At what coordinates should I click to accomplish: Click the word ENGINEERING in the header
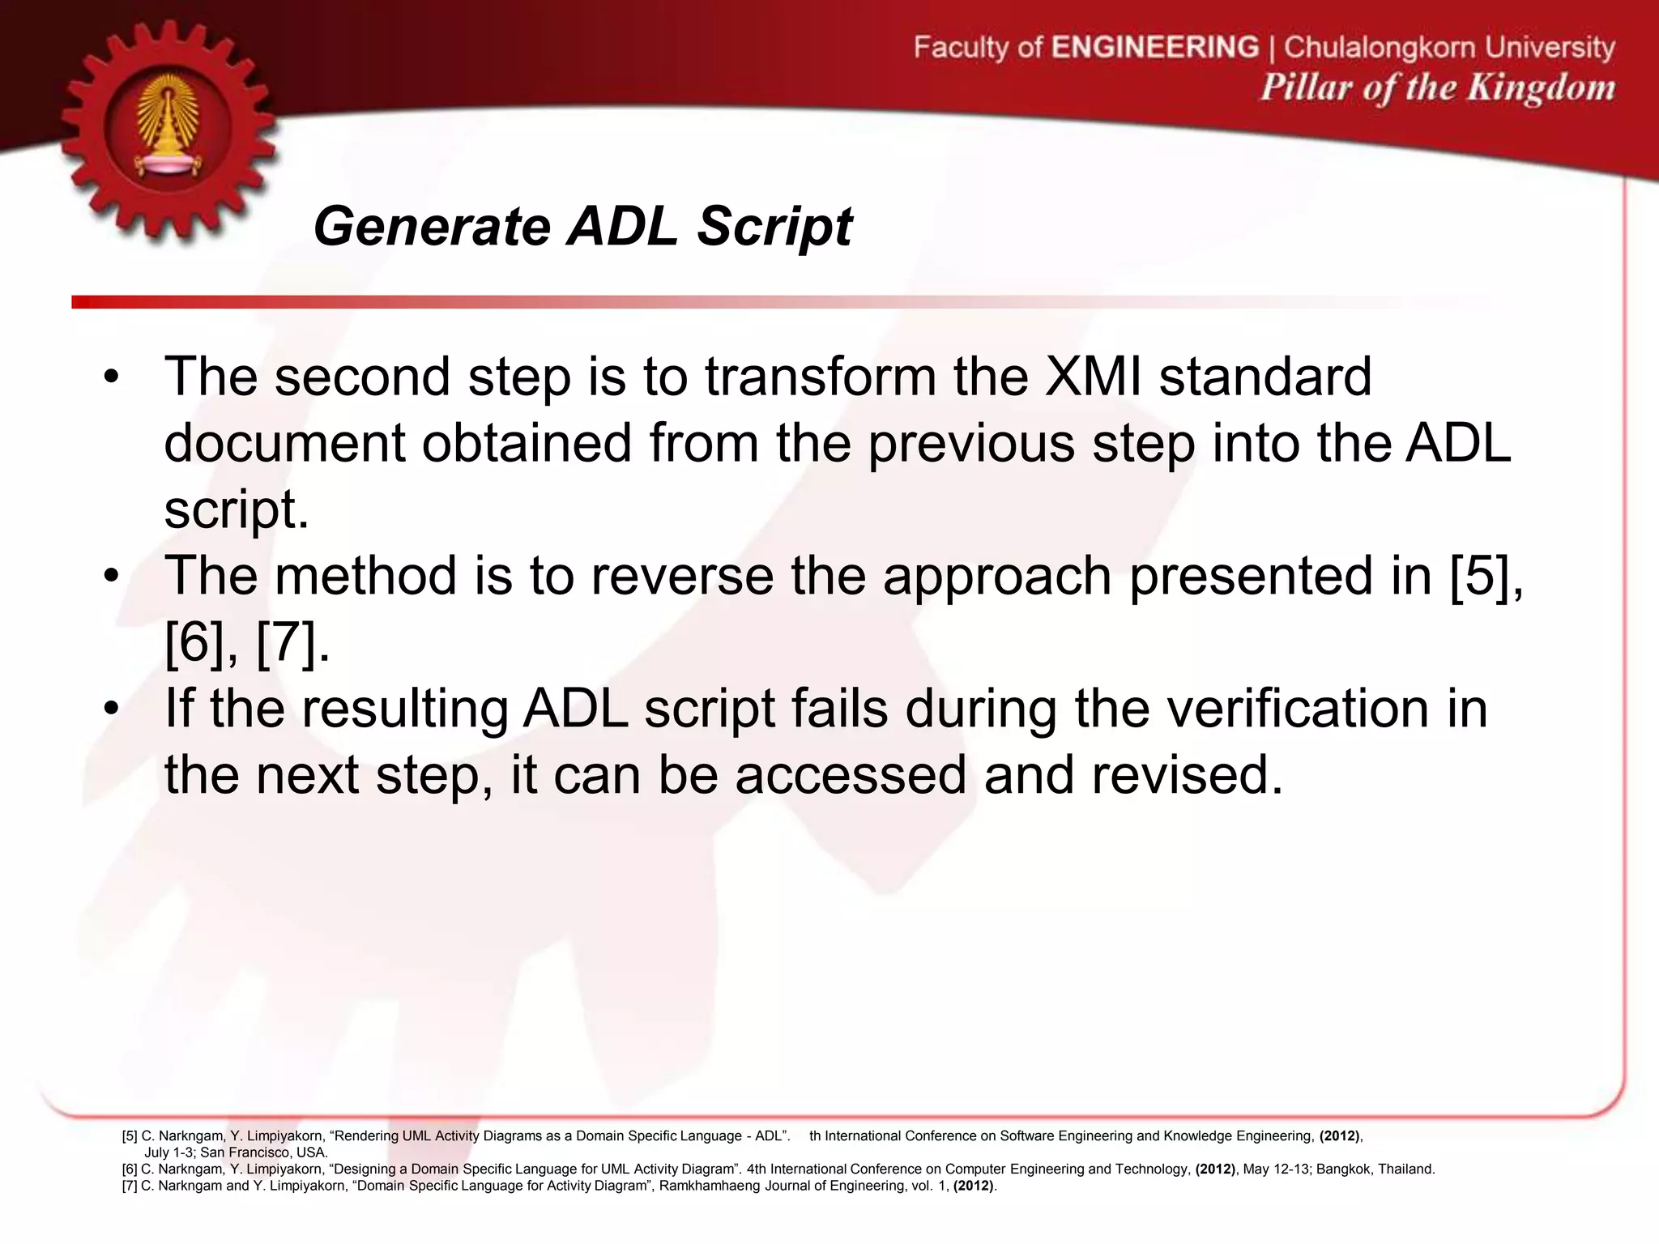(1155, 47)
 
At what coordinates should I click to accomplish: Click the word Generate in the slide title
(432, 226)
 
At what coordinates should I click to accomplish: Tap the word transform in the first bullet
(821, 377)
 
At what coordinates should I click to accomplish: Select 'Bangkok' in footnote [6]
(1343, 1169)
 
